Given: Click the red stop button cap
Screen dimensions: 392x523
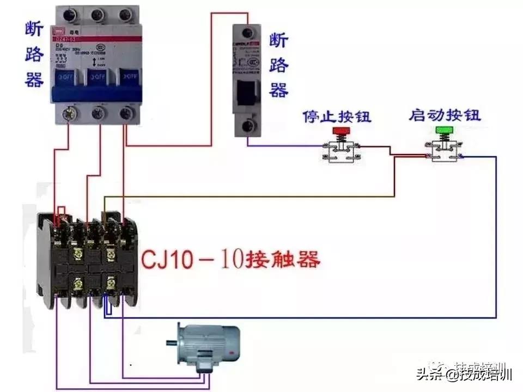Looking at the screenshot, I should [x=341, y=131].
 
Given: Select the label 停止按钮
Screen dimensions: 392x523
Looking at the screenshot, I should [x=337, y=117].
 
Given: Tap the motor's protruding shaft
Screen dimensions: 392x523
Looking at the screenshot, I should [x=172, y=342].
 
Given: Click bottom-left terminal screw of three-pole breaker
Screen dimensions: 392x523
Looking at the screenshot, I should [x=69, y=113].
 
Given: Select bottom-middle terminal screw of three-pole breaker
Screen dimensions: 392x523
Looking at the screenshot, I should [x=98, y=113].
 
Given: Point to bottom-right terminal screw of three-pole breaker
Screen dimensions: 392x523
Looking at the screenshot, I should [x=127, y=113].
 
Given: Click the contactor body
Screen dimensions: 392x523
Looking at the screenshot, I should [x=87, y=261].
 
